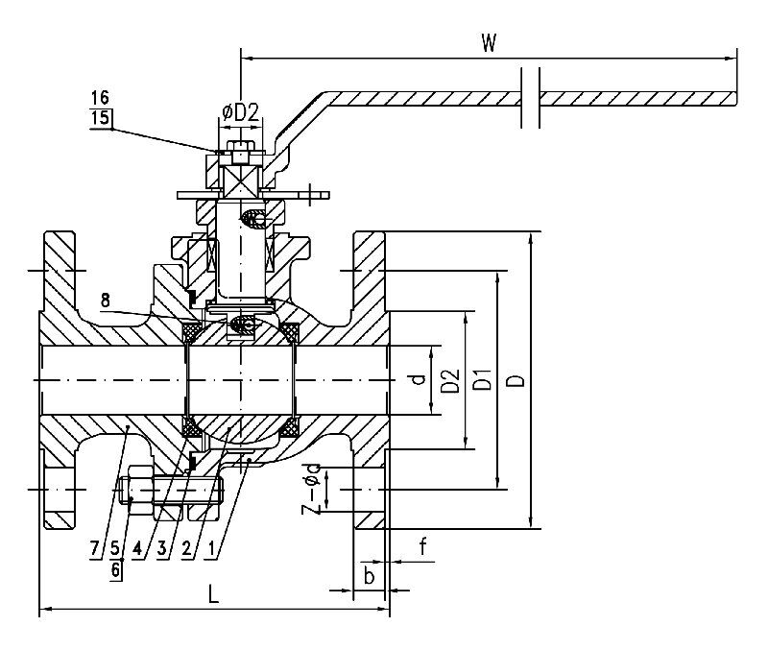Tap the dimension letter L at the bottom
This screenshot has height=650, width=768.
[x=213, y=594]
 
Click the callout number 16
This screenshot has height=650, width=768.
[x=99, y=98]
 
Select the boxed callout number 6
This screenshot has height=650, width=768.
[x=115, y=569]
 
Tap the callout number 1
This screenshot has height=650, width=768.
[x=211, y=550]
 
